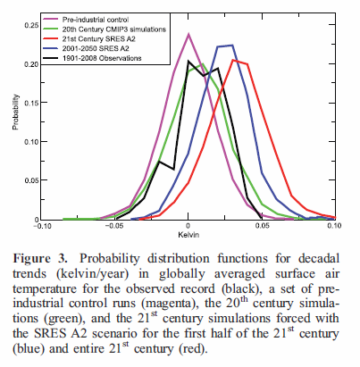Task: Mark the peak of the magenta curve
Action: pos(188,34)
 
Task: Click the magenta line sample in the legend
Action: pos(51,17)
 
